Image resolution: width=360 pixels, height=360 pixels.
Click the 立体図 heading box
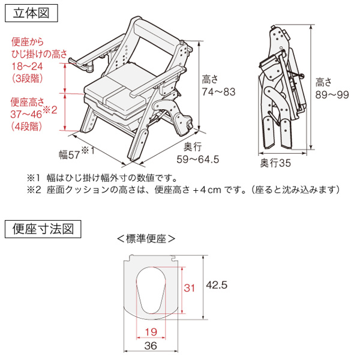(x=31, y=13)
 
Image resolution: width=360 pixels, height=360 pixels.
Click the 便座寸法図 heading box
(x=43, y=229)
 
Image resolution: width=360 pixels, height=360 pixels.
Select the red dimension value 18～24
(x=28, y=67)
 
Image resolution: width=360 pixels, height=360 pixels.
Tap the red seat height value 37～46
(x=26, y=114)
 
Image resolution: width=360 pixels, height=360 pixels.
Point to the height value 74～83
(x=218, y=92)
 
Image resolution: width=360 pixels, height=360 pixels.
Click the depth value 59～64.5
(x=198, y=160)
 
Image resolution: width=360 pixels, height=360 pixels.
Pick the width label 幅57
(x=70, y=155)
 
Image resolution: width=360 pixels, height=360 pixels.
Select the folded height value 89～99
(x=332, y=95)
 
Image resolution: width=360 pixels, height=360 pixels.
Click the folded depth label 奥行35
(x=275, y=163)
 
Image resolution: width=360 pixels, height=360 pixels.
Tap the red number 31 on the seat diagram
(x=189, y=288)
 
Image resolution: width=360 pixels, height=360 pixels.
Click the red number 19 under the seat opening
(x=151, y=332)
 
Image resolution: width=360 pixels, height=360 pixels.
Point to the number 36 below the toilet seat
(x=151, y=346)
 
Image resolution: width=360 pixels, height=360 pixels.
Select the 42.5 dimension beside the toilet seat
(x=217, y=285)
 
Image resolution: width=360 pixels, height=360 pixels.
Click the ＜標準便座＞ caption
(x=146, y=239)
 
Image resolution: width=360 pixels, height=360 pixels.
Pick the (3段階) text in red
(x=28, y=79)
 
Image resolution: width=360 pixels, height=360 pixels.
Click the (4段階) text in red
(x=26, y=126)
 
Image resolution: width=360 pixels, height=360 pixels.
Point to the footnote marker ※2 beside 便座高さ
(x=50, y=110)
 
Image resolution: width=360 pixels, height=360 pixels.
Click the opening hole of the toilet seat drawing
(x=151, y=290)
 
